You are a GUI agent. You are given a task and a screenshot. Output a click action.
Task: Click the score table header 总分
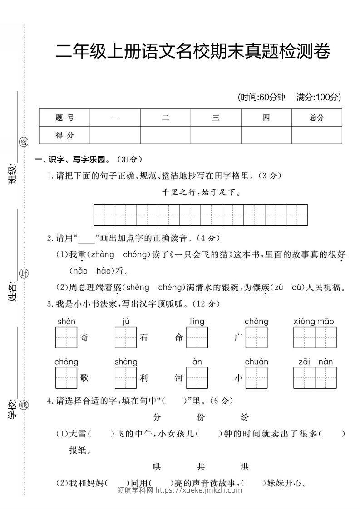click(x=316, y=117)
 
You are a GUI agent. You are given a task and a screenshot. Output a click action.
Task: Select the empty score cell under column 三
click(x=216, y=135)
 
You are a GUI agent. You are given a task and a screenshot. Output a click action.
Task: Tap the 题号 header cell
click(x=64, y=117)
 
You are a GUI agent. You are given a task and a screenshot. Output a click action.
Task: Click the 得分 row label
click(x=64, y=135)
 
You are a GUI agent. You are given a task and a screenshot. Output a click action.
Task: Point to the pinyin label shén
click(x=66, y=322)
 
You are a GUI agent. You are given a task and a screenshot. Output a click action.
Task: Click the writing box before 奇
click(x=66, y=338)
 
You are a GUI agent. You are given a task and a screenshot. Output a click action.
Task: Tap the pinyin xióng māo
click(x=314, y=322)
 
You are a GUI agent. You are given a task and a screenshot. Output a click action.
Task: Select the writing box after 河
click(x=197, y=378)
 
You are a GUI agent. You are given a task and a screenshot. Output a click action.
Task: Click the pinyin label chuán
click(x=256, y=362)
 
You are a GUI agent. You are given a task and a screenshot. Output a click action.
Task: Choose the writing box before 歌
click(x=66, y=378)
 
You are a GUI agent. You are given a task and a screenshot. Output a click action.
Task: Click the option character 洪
click(x=245, y=467)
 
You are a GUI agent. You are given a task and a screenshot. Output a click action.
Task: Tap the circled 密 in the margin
click(x=24, y=142)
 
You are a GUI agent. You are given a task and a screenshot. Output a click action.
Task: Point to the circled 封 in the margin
click(x=24, y=273)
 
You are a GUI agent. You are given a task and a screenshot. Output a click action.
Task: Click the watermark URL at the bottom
click(x=198, y=490)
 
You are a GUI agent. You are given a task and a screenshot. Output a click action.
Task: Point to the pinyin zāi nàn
click(x=316, y=362)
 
